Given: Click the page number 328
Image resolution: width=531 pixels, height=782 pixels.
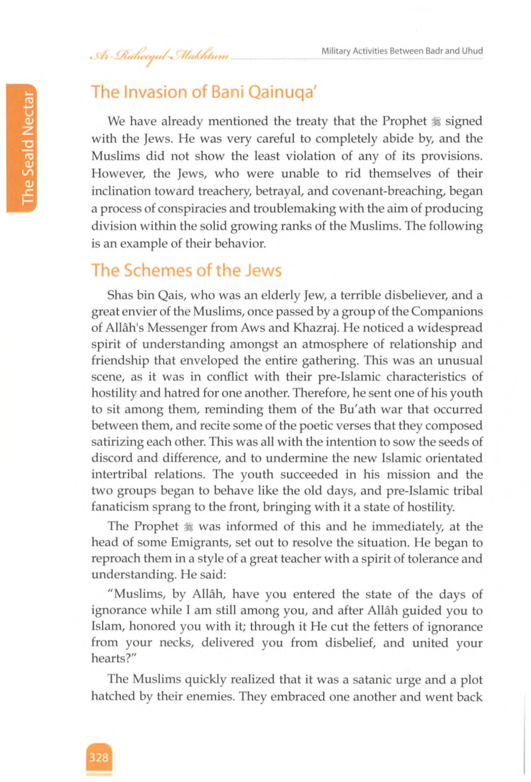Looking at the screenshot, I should [99, 757].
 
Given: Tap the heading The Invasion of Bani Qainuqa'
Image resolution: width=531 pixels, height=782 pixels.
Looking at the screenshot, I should [205, 92].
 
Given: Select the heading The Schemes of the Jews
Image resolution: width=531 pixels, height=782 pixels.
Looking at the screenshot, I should [186, 270].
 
